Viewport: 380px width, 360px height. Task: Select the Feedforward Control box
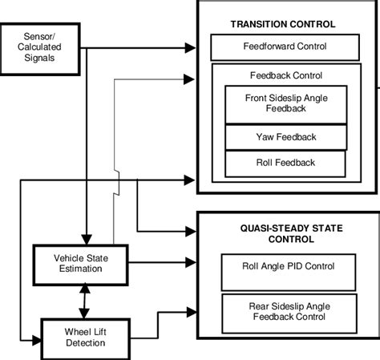(x=285, y=47)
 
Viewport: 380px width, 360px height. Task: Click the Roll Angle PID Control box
(x=288, y=267)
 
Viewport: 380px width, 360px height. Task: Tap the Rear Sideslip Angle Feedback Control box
(x=288, y=312)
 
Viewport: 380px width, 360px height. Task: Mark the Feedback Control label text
(x=286, y=75)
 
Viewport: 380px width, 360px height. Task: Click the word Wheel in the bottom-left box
(x=65, y=331)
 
